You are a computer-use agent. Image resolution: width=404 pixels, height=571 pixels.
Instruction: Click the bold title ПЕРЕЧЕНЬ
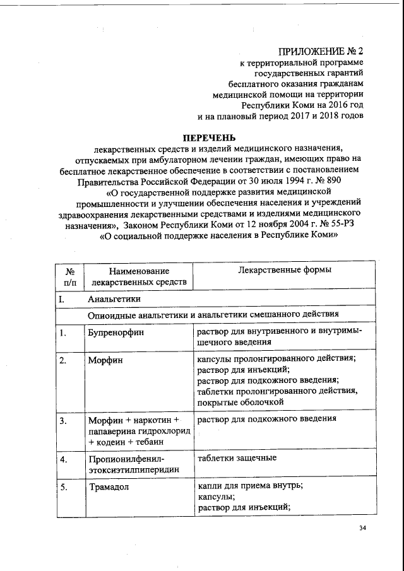tap(208, 137)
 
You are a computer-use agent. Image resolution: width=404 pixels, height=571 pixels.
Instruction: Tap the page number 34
tap(362, 528)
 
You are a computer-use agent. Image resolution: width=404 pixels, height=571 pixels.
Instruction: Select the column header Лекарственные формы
tap(285, 269)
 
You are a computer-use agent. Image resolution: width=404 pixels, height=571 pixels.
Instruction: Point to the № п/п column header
tap(70, 276)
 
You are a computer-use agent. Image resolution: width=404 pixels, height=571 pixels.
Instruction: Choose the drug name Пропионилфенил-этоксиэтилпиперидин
tap(133, 464)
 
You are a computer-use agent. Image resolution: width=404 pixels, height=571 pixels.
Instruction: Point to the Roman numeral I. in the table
tap(62, 298)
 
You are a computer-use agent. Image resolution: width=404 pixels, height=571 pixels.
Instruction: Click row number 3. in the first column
tap(63, 420)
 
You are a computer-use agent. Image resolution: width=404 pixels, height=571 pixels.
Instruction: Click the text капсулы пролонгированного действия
tap(276, 358)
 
